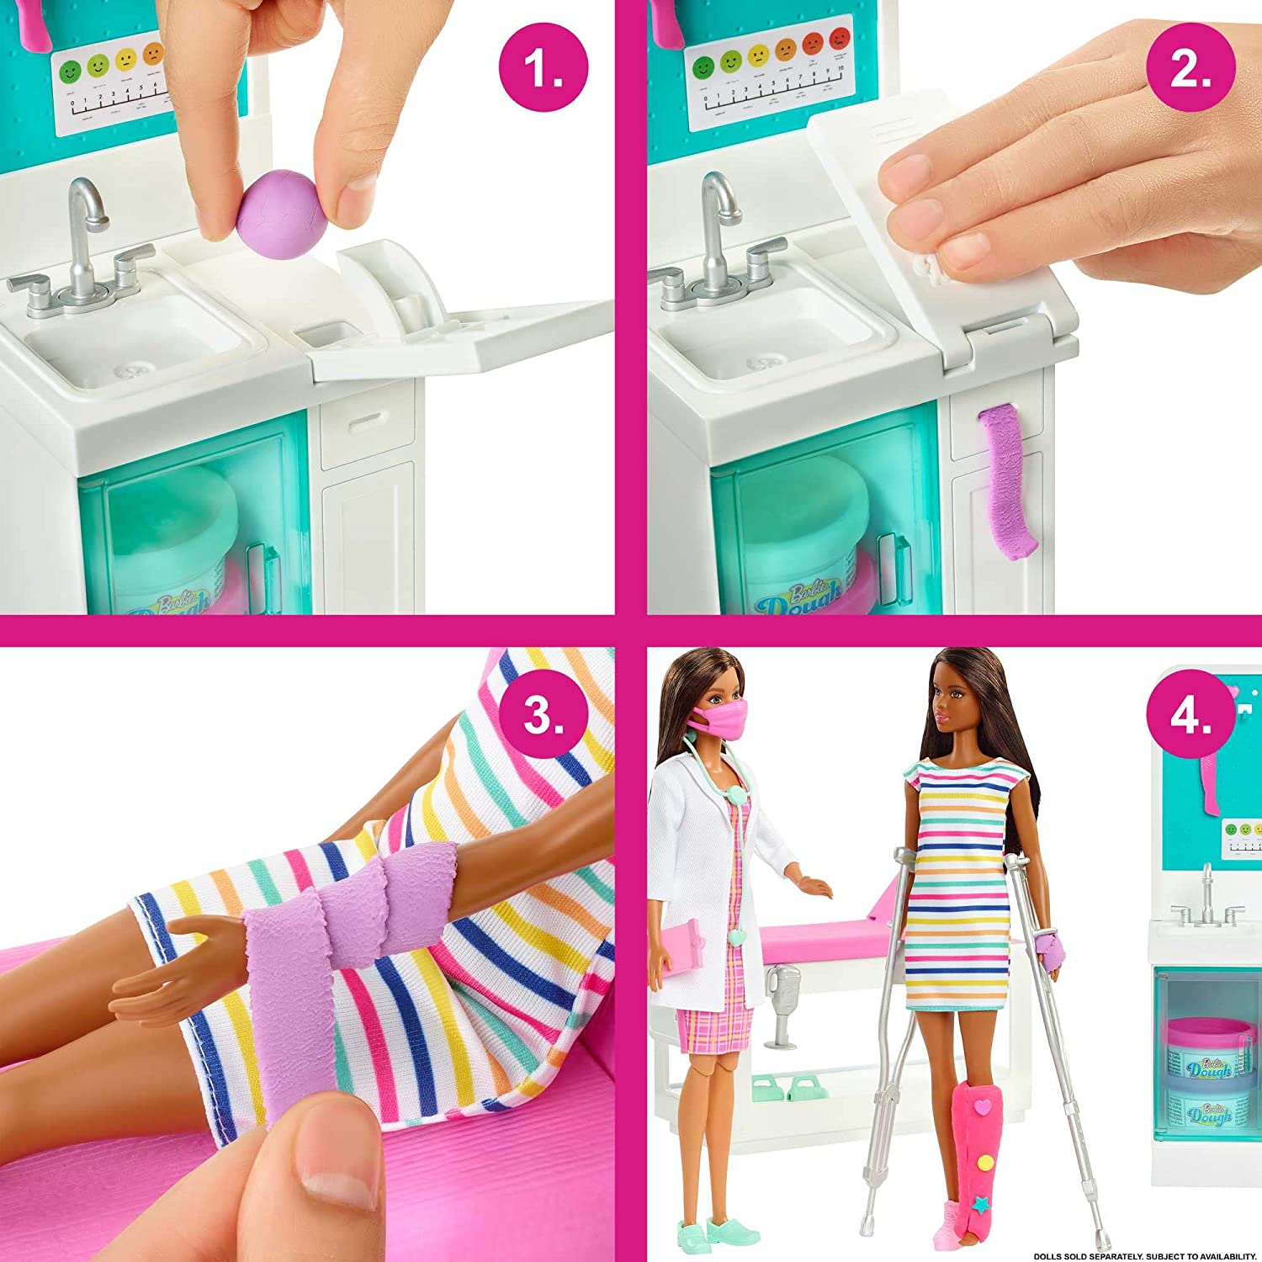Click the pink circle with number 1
click(543, 66)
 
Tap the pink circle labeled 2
click(1190, 66)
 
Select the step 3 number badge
click(543, 714)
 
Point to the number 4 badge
click(1190, 714)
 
